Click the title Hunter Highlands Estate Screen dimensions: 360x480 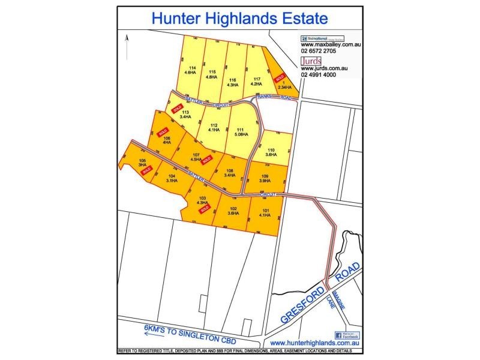coord(239,17)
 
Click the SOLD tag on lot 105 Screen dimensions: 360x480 coord(145,171)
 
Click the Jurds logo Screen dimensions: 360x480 coord(311,60)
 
